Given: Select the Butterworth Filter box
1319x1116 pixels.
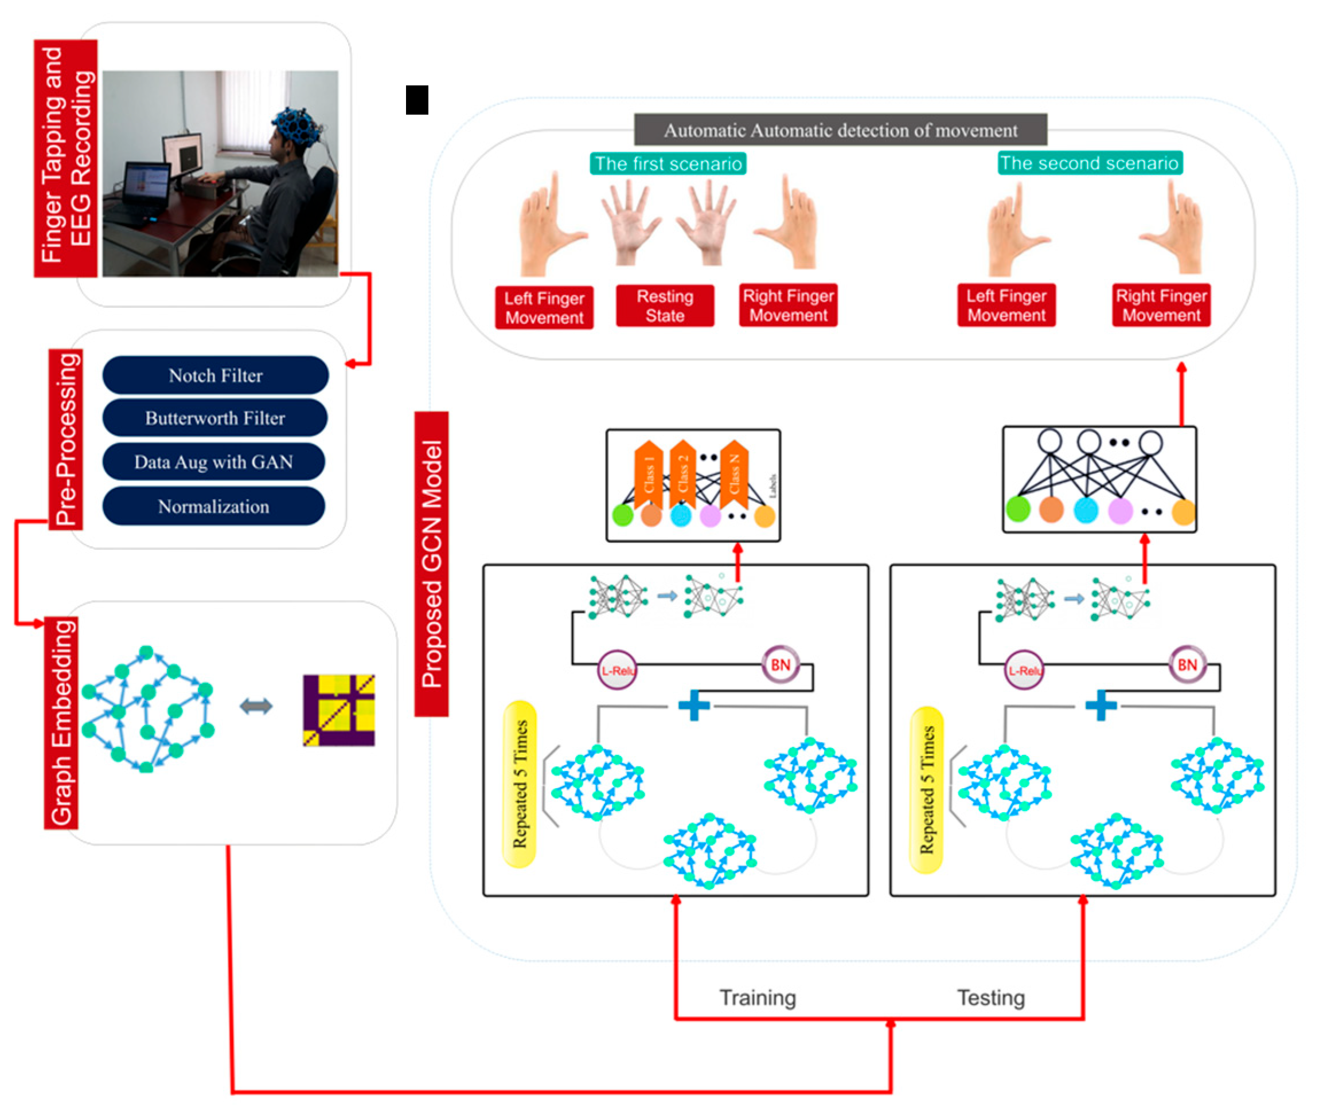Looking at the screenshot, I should (x=215, y=417).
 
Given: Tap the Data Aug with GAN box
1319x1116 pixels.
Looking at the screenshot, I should (x=213, y=462).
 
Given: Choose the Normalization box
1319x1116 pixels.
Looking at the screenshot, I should (x=213, y=506).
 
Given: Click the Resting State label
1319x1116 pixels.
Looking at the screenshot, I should (x=665, y=306).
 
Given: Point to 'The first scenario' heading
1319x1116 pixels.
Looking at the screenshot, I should (x=668, y=163).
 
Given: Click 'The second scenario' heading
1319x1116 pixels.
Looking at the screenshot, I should (x=1089, y=163).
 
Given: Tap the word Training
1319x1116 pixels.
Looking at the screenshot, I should (x=757, y=998).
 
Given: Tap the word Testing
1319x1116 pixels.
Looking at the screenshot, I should (x=990, y=998).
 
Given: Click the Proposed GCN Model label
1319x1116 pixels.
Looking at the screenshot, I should (x=432, y=563).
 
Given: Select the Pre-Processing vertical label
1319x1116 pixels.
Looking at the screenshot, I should (x=67, y=439).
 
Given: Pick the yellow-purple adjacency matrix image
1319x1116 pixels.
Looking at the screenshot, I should (x=338, y=710).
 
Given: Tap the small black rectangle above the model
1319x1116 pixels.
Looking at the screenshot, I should (x=416, y=100).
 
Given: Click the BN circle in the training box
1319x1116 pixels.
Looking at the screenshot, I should (x=780, y=664).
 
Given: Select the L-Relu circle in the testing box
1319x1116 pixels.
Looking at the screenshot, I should (x=1024, y=671).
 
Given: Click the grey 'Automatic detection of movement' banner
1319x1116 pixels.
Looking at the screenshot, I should (x=840, y=130).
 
